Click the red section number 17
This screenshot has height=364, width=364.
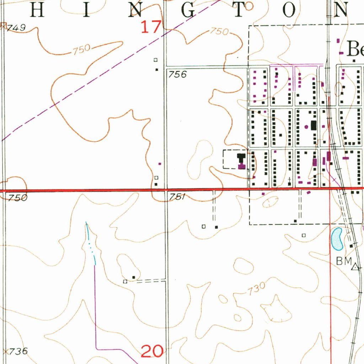[x=151, y=27]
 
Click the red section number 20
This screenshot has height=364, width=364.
[x=152, y=351]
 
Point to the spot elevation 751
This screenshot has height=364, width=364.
[x=177, y=197]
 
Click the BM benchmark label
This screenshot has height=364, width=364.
[x=343, y=261]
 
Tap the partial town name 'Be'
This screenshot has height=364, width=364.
[x=355, y=49]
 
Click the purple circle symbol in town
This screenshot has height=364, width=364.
[x=306, y=126]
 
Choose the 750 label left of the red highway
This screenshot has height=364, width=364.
[x=17, y=198]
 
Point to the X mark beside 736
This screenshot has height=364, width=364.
[x=5, y=352]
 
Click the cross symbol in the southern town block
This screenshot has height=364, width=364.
[x=290, y=179]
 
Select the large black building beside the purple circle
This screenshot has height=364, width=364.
[x=314, y=125]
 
